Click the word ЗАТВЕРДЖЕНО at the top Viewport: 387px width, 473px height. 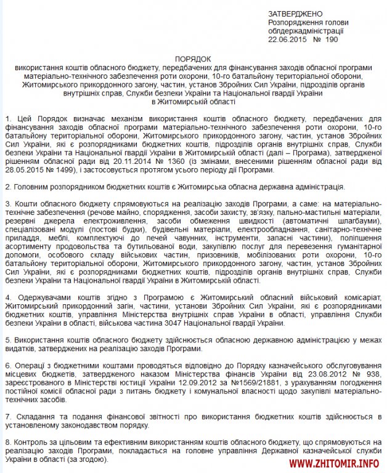pyautogui.click(x=295, y=13)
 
